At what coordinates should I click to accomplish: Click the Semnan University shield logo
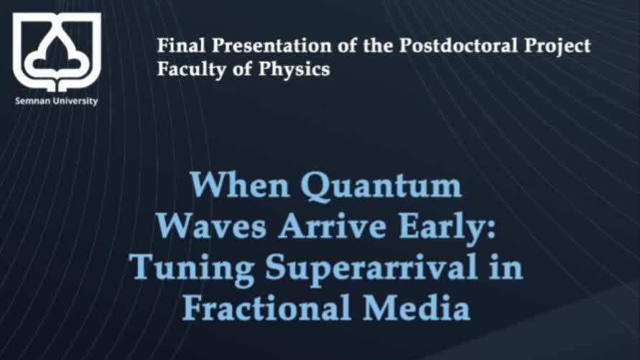(x=57, y=52)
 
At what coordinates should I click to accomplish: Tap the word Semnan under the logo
(x=29, y=101)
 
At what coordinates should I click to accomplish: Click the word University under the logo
(x=71, y=101)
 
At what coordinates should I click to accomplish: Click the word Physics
(x=294, y=70)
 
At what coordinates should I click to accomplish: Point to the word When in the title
(x=241, y=185)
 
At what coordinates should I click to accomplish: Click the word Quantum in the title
(x=381, y=187)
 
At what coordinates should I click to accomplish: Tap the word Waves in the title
(x=211, y=226)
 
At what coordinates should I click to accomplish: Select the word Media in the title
(x=417, y=308)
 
